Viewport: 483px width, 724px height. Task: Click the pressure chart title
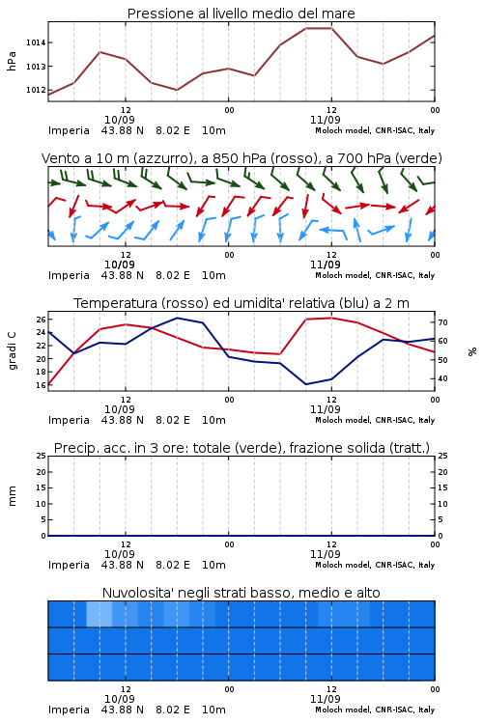pyautogui.click(x=241, y=14)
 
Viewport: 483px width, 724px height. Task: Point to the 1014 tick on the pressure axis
pyautogui.click(x=36, y=42)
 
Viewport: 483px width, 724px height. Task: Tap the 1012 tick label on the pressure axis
pyautogui.click(x=36, y=90)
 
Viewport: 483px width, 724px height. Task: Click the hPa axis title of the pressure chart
pyautogui.click(x=12, y=62)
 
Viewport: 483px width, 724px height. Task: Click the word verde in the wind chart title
pyautogui.click(x=417, y=158)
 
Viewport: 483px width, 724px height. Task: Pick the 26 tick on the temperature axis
pyautogui.click(x=42, y=320)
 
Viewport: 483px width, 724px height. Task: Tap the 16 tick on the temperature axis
pyautogui.click(x=42, y=385)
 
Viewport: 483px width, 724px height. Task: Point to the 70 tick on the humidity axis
pyautogui.click(x=442, y=322)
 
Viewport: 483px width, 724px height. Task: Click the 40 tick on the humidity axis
pyautogui.click(x=442, y=378)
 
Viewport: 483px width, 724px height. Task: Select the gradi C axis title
pyautogui.click(x=12, y=351)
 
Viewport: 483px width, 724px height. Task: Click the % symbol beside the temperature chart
pyautogui.click(x=472, y=351)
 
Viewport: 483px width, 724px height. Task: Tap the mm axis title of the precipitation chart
pyautogui.click(x=12, y=496)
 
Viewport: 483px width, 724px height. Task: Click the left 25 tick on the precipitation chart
pyautogui.click(x=42, y=456)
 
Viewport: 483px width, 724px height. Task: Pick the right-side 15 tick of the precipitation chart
pyautogui.click(x=442, y=487)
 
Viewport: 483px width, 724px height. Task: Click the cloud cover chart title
pyautogui.click(x=241, y=593)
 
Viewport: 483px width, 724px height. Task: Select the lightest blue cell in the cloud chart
pyautogui.click(x=99, y=614)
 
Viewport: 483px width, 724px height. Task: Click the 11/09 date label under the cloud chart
pyautogui.click(x=325, y=699)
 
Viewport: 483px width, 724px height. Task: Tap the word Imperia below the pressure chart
pyautogui.click(x=69, y=130)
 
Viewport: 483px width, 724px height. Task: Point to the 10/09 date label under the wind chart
pyautogui.click(x=119, y=265)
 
